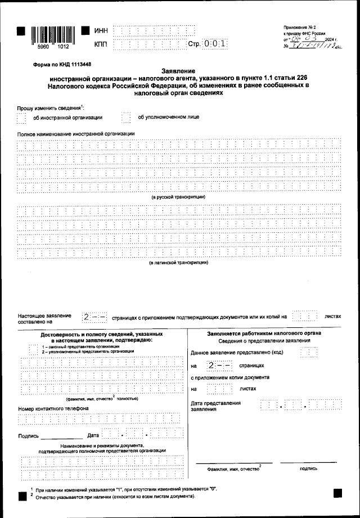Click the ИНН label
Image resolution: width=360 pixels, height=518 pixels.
pos(101,30)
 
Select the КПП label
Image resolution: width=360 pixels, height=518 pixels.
pos(101,43)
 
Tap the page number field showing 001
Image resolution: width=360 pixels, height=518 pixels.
pos(214,43)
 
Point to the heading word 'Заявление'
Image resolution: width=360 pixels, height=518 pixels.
pos(178,71)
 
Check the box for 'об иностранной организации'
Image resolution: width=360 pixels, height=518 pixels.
pos(21,118)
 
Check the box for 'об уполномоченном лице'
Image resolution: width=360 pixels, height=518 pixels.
pos(126,117)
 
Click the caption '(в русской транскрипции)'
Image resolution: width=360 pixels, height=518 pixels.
pos(178,197)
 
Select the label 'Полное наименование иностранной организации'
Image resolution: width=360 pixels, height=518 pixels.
pos(76,133)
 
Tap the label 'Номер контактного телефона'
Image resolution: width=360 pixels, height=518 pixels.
pos(53,408)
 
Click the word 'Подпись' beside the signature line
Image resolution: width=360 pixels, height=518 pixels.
pos(28,436)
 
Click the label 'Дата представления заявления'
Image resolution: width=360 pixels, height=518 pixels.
pos(216,406)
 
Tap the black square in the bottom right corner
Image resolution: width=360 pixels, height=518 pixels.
pos(337,493)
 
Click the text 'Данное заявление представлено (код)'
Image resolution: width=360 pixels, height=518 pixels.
pos(237,353)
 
